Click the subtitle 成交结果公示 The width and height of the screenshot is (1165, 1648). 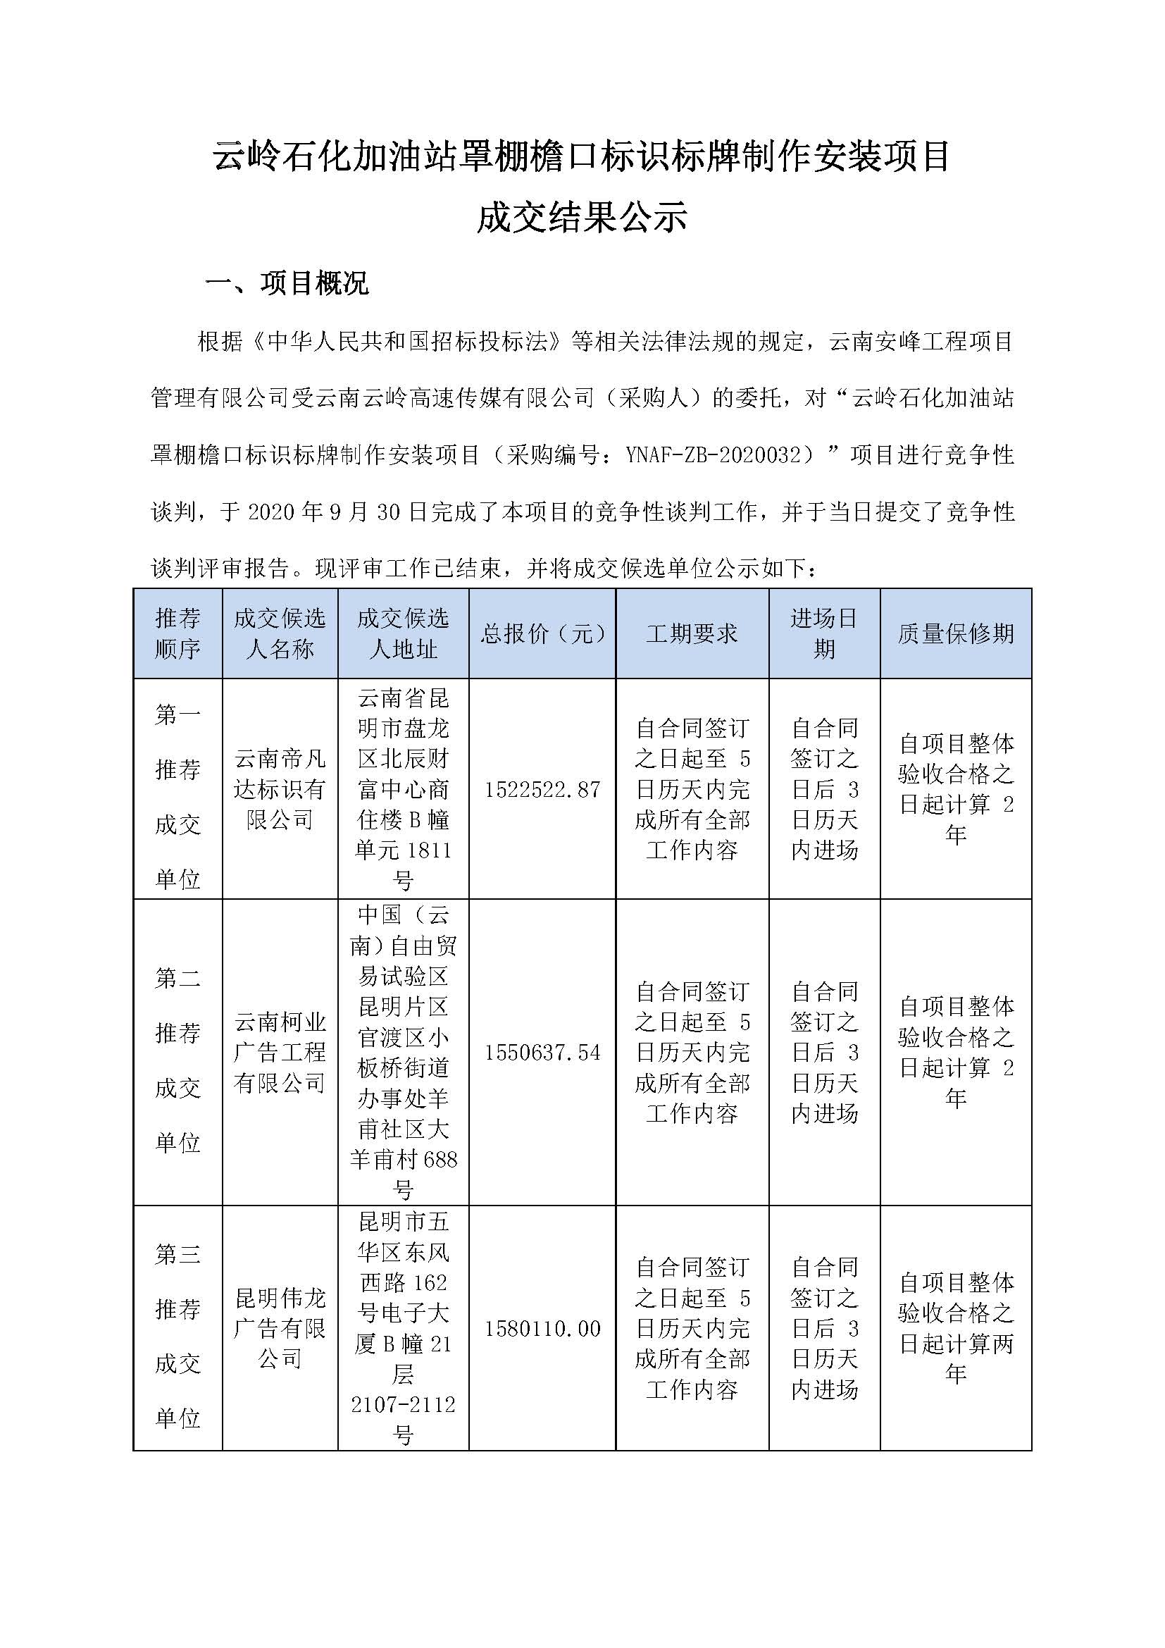(582, 217)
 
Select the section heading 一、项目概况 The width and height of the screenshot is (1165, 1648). (286, 283)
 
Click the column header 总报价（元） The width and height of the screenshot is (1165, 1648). (542, 633)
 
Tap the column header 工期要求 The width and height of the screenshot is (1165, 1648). (692, 633)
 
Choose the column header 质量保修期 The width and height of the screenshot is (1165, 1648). (956, 633)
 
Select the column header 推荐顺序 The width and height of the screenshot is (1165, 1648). (177, 633)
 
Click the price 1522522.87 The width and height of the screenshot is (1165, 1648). (542, 790)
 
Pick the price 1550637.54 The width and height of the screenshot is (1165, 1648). (542, 1052)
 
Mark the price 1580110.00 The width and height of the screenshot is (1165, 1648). (542, 1329)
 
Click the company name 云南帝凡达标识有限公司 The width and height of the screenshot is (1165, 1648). (280, 789)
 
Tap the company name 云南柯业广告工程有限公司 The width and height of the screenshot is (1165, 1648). (280, 1052)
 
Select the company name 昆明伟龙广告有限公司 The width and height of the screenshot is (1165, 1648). (280, 1328)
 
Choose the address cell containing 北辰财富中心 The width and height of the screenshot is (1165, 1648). (403, 789)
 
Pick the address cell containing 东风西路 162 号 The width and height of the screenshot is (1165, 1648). (403, 1328)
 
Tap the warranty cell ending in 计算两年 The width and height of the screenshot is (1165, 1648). (956, 1328)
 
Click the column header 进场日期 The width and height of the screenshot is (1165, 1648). (824, 633)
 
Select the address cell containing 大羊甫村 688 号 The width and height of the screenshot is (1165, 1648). (403, 1052)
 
